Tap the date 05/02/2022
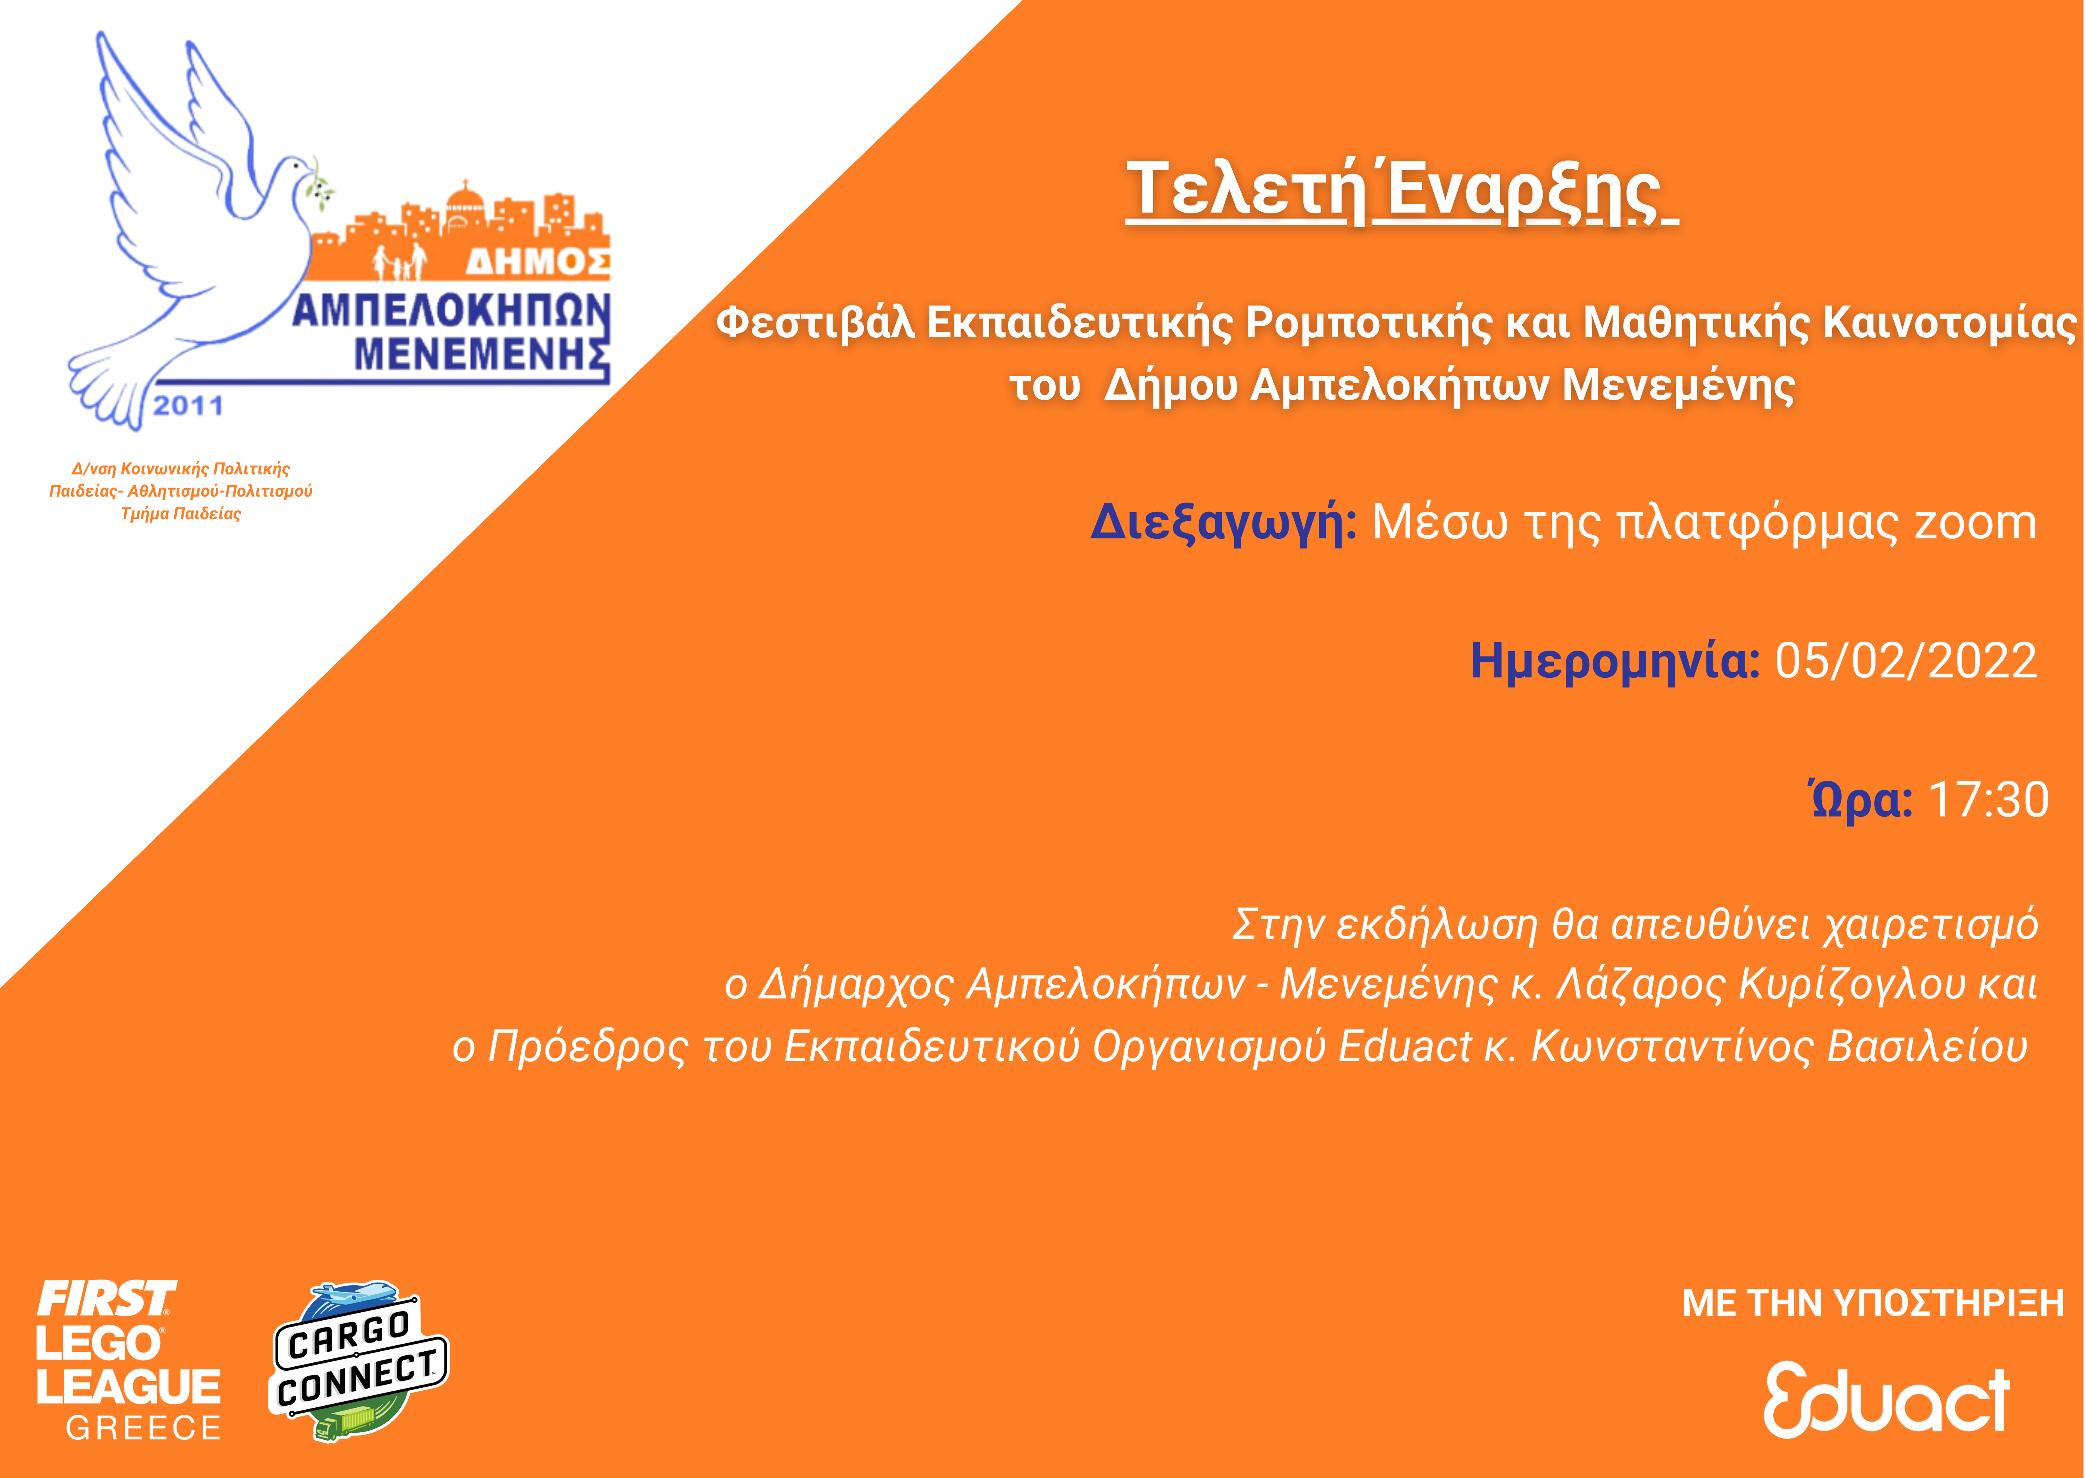1906,661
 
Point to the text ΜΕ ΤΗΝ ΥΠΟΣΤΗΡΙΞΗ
1873,1303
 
